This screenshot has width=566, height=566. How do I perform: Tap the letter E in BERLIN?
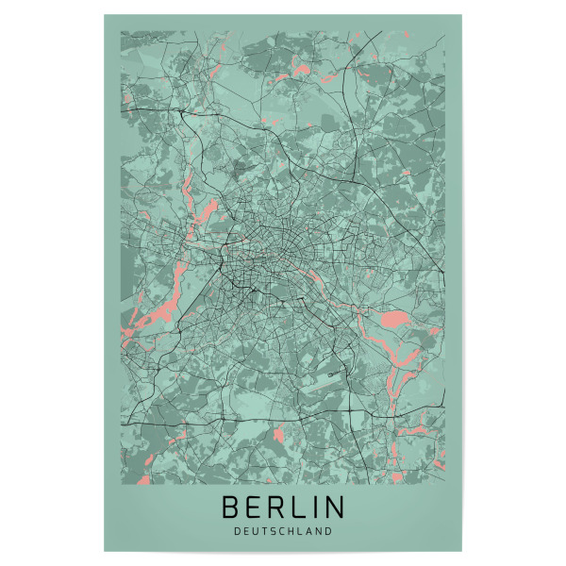pos(254,507)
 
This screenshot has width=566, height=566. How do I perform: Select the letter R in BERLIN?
pos(276,507)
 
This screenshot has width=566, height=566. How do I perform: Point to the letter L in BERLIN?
pos(298,507)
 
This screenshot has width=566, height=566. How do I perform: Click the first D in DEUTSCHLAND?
pos(235,531)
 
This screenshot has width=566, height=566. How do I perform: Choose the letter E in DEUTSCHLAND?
pos(244,531)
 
